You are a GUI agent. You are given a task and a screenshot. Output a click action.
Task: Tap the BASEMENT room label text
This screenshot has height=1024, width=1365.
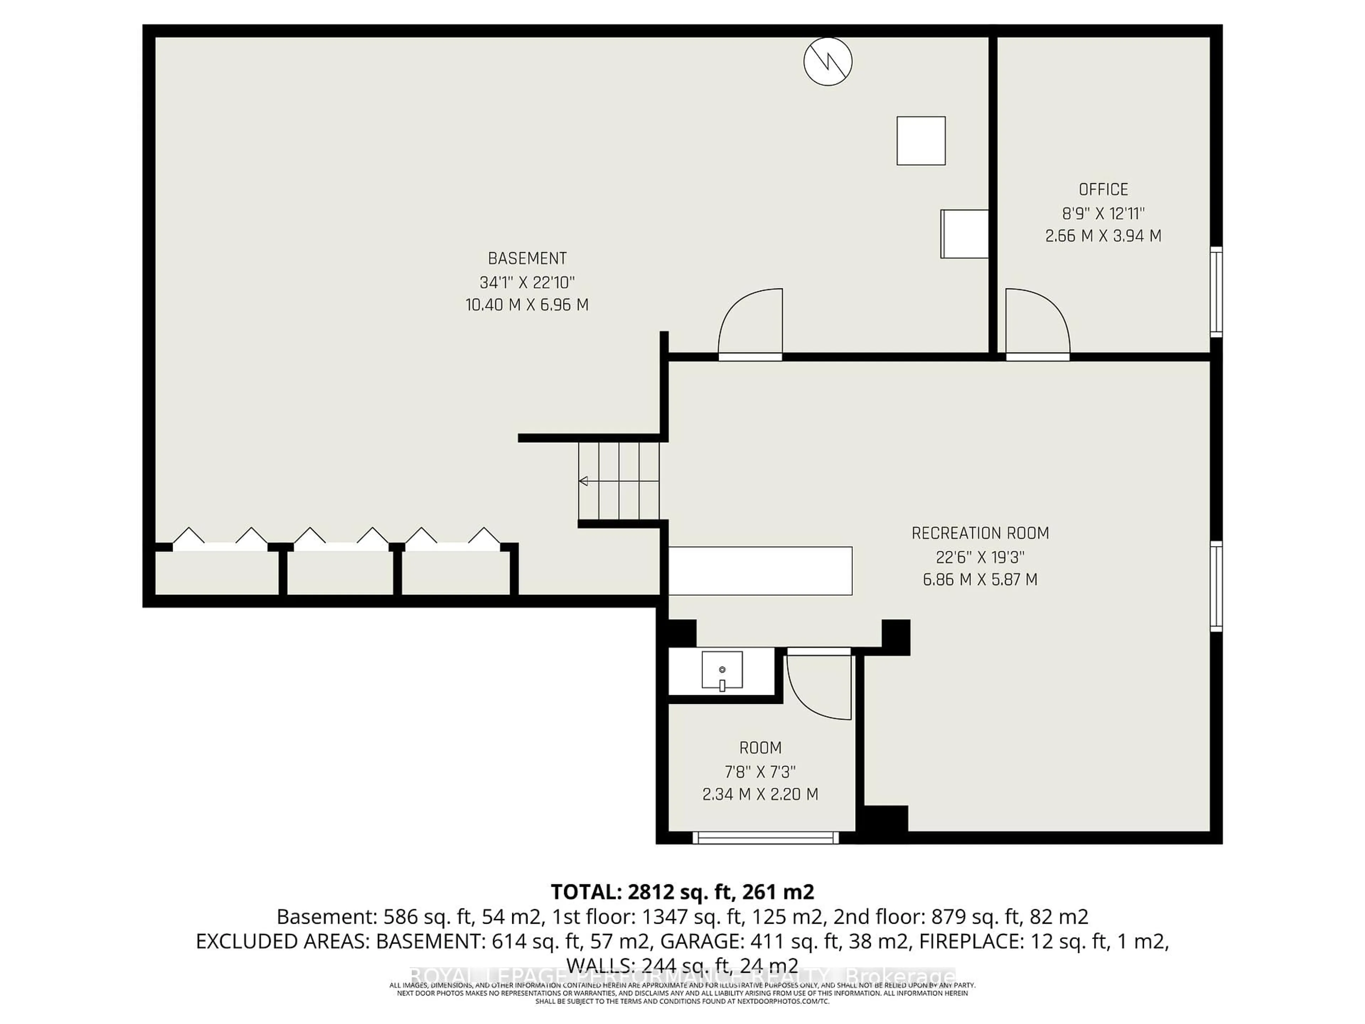tap(527, 258)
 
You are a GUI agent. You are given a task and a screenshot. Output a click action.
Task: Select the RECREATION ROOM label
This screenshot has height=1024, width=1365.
tap(980, 533)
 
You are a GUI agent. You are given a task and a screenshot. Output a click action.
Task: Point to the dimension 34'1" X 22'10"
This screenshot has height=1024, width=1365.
tap(527, 282)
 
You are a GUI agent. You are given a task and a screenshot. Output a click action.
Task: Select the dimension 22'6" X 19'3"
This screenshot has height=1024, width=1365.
tap(980, 557)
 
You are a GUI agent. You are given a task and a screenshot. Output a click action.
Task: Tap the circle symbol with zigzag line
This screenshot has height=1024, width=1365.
tap(828, 61)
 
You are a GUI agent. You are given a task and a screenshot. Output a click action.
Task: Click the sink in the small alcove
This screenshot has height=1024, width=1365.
tap(722, 670)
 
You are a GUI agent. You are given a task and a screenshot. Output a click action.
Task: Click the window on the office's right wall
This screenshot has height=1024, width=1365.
tap(1216, 291)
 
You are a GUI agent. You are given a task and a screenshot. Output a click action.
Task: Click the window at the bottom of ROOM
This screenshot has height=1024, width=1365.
tap(765, 838)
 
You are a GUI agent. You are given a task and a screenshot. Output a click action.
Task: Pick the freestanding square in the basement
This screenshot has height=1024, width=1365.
tap(921, 141)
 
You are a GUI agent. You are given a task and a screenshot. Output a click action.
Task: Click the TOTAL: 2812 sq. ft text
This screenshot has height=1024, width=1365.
tap(682, 891)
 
